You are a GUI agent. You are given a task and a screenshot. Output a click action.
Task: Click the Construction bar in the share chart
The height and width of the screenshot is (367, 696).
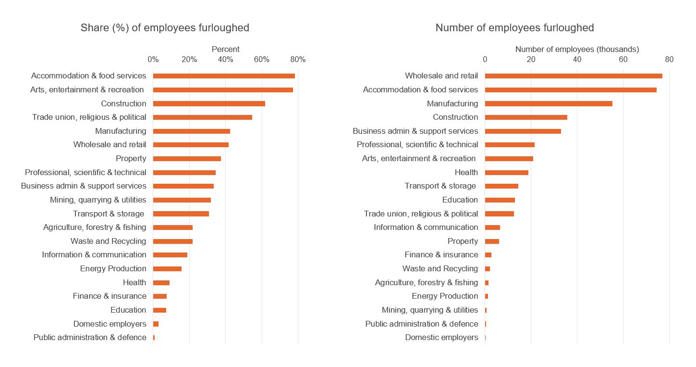[209, 103]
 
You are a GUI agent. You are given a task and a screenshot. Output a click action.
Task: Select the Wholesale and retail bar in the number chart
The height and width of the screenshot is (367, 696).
[573, 76]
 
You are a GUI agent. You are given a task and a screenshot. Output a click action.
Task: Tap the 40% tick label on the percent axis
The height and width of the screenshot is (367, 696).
[225, 60]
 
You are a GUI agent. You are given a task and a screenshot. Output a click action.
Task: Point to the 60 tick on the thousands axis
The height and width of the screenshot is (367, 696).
[623, 60]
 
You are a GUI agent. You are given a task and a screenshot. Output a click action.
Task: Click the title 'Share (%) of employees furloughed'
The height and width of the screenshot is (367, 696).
[165, 28]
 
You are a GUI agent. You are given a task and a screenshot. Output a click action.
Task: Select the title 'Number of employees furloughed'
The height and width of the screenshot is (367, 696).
[514, 28]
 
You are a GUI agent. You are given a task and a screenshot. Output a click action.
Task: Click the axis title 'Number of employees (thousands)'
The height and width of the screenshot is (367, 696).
[577, 49]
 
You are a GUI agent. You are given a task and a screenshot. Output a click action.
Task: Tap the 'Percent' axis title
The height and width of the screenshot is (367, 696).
[225, 49]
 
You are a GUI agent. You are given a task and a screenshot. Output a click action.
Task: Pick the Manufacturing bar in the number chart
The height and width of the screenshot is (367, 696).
[549, 103]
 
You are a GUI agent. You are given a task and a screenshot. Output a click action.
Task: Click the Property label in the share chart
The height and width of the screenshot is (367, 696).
[131, 159]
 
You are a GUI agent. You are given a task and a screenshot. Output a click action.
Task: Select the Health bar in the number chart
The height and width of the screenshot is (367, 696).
[506, 172]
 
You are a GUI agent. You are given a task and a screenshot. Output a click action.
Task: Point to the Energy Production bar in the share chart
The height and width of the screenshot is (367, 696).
[167, 269]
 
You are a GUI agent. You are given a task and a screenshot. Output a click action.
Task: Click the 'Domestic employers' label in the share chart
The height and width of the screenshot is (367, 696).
[110, 324]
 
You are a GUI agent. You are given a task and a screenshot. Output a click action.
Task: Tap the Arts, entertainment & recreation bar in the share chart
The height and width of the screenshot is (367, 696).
[223, 90]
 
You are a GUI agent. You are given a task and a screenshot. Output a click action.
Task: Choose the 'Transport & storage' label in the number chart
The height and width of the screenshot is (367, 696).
[440, 186]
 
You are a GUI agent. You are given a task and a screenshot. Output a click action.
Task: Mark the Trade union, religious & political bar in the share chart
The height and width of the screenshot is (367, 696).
[202, 117]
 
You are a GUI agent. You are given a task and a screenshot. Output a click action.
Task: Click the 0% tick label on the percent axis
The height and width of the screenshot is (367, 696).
[153, 60]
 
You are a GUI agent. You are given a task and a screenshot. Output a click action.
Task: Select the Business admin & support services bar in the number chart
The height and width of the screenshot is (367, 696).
[523, 131]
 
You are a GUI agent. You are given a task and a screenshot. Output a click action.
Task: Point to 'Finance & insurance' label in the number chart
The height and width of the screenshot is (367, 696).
[441, 255]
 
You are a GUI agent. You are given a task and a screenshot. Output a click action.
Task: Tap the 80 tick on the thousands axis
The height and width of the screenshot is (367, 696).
[669, 60]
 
